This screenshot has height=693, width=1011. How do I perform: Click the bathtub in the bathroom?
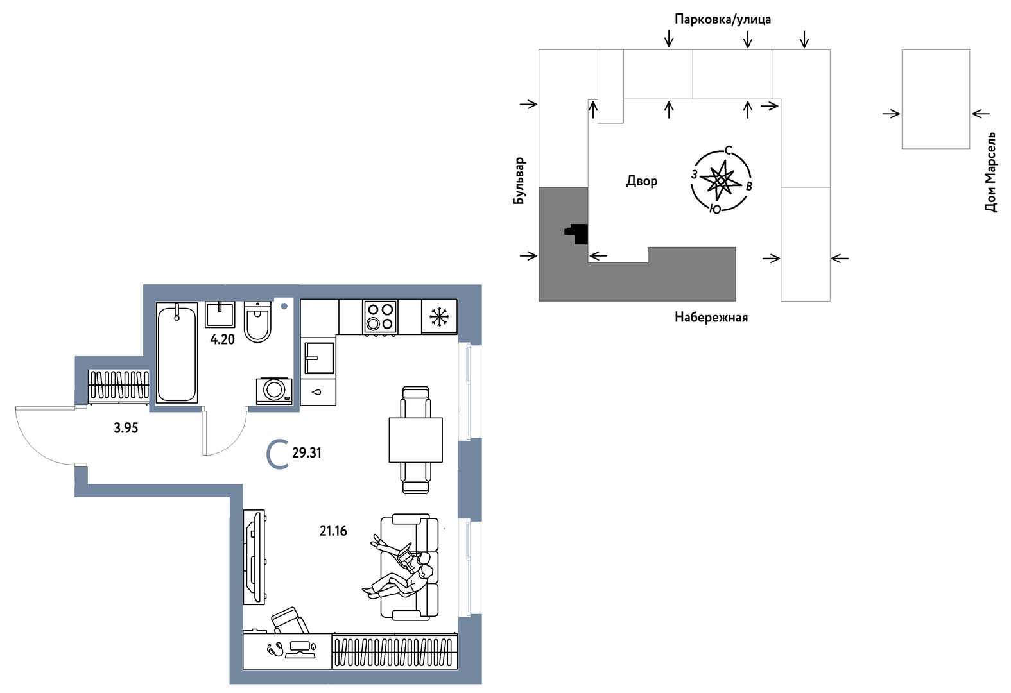click(177, 352)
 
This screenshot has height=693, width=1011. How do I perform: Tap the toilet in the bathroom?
click(257, 322)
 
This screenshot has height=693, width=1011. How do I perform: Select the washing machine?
click(274, 391)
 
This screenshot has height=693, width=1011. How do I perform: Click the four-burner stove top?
click(380, 317)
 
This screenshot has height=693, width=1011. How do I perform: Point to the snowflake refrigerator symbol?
click(439, 317)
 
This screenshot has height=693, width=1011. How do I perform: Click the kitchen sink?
click(319, 358)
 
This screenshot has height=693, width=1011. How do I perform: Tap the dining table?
click(416, 440)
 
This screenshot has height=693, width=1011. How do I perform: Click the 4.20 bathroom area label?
click(223, 339)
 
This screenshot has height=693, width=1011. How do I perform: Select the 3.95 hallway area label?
click(126, 428)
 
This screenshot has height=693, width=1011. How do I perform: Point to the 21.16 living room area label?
click(333, 531)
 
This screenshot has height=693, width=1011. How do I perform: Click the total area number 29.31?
click(306, 452)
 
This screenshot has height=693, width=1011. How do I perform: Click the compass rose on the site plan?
click(721, 181)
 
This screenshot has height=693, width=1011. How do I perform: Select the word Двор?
click(642, 182)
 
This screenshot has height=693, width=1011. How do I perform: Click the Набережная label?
click(711, 317)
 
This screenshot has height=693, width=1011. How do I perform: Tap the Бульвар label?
click(519, 180)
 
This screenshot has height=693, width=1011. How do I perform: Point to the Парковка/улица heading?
click(723, 19)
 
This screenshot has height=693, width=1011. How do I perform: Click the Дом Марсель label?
click(990, 172)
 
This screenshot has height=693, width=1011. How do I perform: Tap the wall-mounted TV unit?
click(254, 557)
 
